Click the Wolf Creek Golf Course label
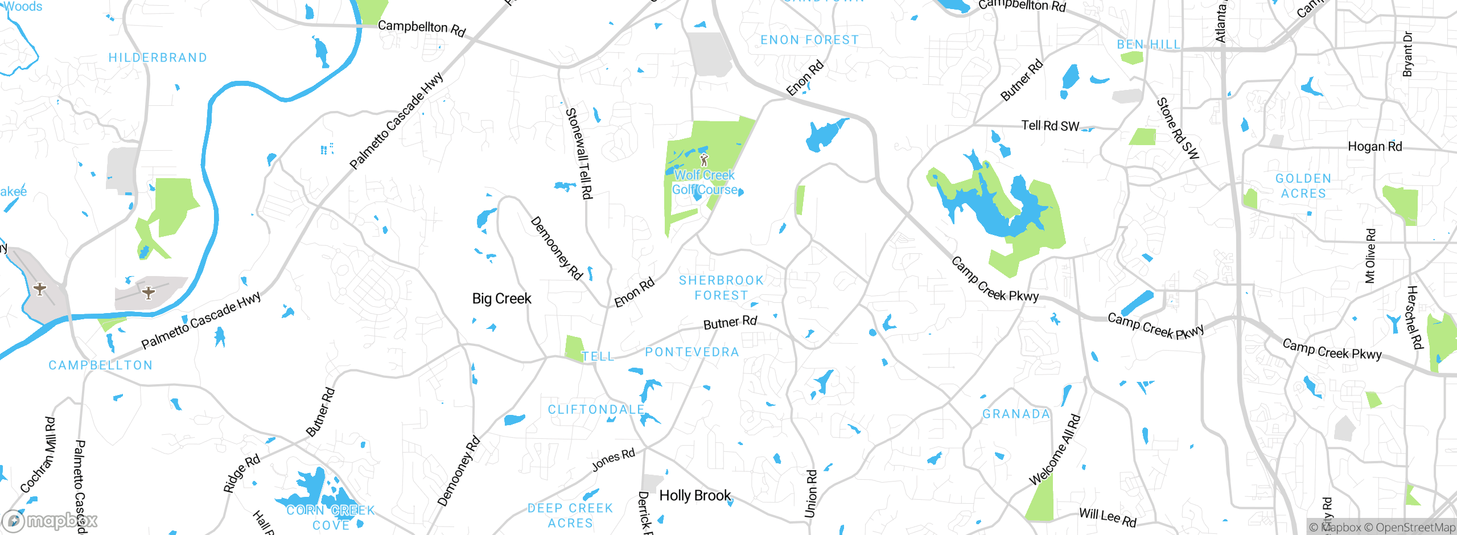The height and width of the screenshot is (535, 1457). click(x=705, y=183)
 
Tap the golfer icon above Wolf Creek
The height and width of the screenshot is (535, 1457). click(x=704, y=159)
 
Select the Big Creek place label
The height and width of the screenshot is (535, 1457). click(x=501, y=299)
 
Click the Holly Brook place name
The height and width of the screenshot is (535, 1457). click(x=694, y=496)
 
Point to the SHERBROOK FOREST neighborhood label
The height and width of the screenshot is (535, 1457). click(x=721, y=288)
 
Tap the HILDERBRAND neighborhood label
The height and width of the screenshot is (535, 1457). click(x=158, y=58)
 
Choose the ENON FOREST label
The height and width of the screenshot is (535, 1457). click(x=809, y=40)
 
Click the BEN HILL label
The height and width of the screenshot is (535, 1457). click(x=1149, y=44)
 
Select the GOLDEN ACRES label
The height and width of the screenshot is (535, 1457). click(x=1303, y=186)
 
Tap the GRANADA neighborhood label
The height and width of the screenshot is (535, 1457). click(x=1016, y=414)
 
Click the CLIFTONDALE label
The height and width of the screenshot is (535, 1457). click(x=596, y=410)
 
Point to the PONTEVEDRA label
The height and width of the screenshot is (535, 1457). click(x=692, y=352)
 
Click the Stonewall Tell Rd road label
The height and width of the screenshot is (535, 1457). click(x=579, y=154)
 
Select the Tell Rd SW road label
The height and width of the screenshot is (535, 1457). click(x=1050, y=126)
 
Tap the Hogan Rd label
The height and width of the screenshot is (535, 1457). click(x=1374, y=147)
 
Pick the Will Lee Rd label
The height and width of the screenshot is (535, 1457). click(x=1108, y=517)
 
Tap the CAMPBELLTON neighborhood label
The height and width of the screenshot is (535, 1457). click(x=100, y=365)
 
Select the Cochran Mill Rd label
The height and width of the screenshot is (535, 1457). click(x=39, y=455)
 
